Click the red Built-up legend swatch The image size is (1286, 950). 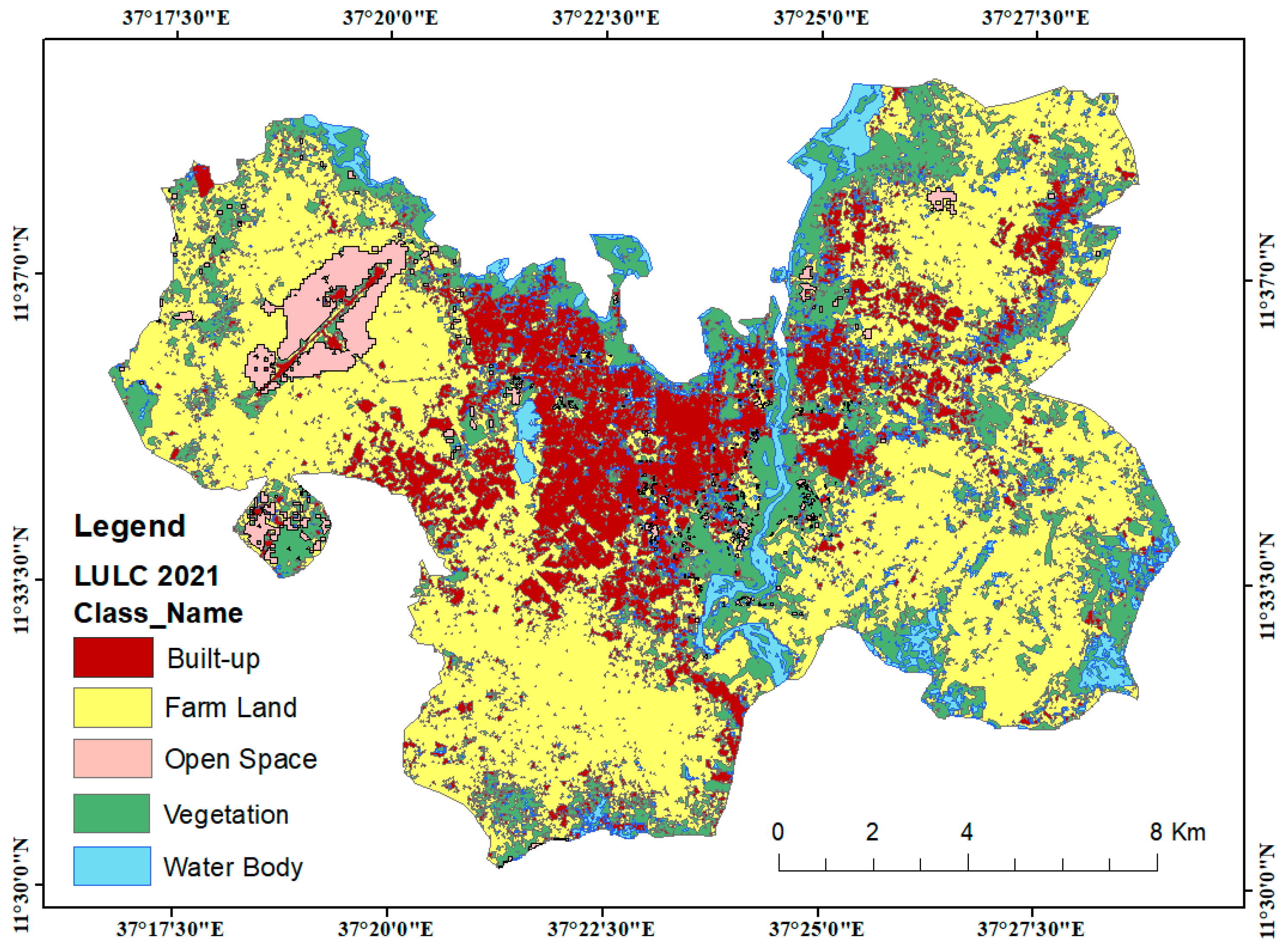[113, 657]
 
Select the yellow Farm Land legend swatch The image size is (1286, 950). [113, 707]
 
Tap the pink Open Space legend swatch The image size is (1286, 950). [113, 759]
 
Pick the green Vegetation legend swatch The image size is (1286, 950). [112, 813]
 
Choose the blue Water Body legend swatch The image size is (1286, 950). [112, 866]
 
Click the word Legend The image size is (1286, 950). [129, 526]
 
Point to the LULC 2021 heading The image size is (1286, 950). [147, 576]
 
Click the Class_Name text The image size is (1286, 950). [158, 613]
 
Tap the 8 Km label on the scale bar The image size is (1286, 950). [1177, 832]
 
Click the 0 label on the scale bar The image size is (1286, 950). [777, 832]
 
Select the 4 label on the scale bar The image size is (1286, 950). [967, 832]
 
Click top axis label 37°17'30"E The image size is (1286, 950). [176, 17]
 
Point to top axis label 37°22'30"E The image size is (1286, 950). [605, 17]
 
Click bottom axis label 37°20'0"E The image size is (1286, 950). [386, 929]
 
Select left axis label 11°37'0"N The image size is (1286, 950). [21, 274]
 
